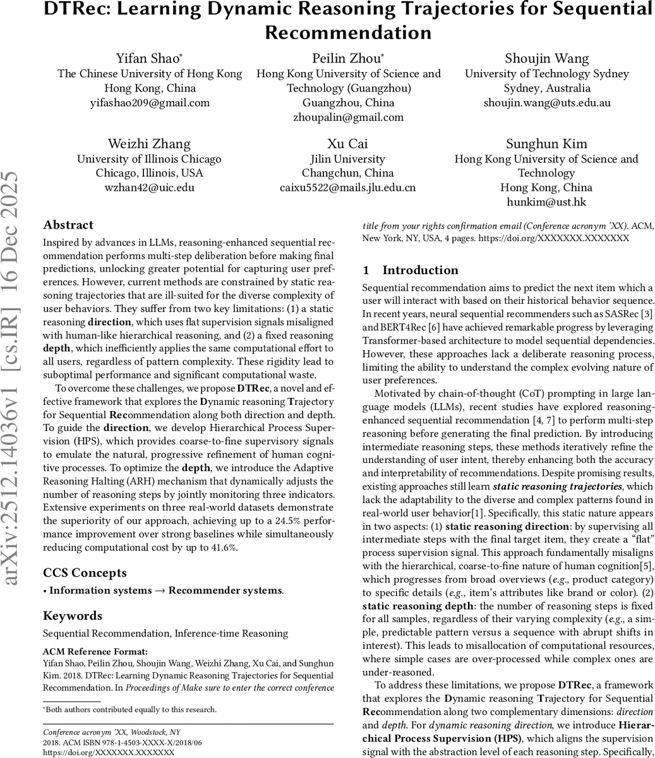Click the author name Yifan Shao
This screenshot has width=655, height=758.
pyautogui.click(x=148, y=59)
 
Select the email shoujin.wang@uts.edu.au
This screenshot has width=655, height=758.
pyautogui.click(x=547, y=102)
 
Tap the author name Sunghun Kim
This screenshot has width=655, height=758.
pyautogui.click(x=546, y=144)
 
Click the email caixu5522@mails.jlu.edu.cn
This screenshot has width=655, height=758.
pyautogui.click(x=348, y=188)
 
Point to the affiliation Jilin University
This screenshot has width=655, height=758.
pyautogui.click(x=348, y=159)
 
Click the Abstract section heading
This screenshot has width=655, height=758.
pyautogui.click(x=68, y=226)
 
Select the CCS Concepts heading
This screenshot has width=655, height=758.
pyautogui.click(x=85, y=573)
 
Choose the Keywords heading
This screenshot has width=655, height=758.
pyautogui.click(x=73, y=616)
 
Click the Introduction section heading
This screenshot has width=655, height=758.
pyautogui.click(x=419, y=270)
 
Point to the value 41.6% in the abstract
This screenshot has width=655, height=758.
pyautogui.click(x=223, y=548)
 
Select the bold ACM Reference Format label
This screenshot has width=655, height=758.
pyautogui.click(x=95, y=651)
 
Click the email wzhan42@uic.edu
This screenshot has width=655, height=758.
pyautogui.click(x=149, y=188)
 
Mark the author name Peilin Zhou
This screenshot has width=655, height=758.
pyautogui.click(x=347, y=59)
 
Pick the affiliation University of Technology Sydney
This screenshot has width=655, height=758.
pyautogui.click(x=547, y=74)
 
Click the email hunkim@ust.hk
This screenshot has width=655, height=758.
pyautogui.click(x=546, y=202)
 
